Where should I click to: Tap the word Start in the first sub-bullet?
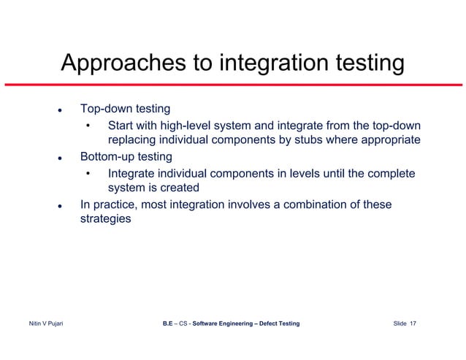click(x=121, y=125)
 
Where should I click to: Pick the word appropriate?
click(x=385, y=140)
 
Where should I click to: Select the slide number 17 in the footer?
click(x=413, y=323)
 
